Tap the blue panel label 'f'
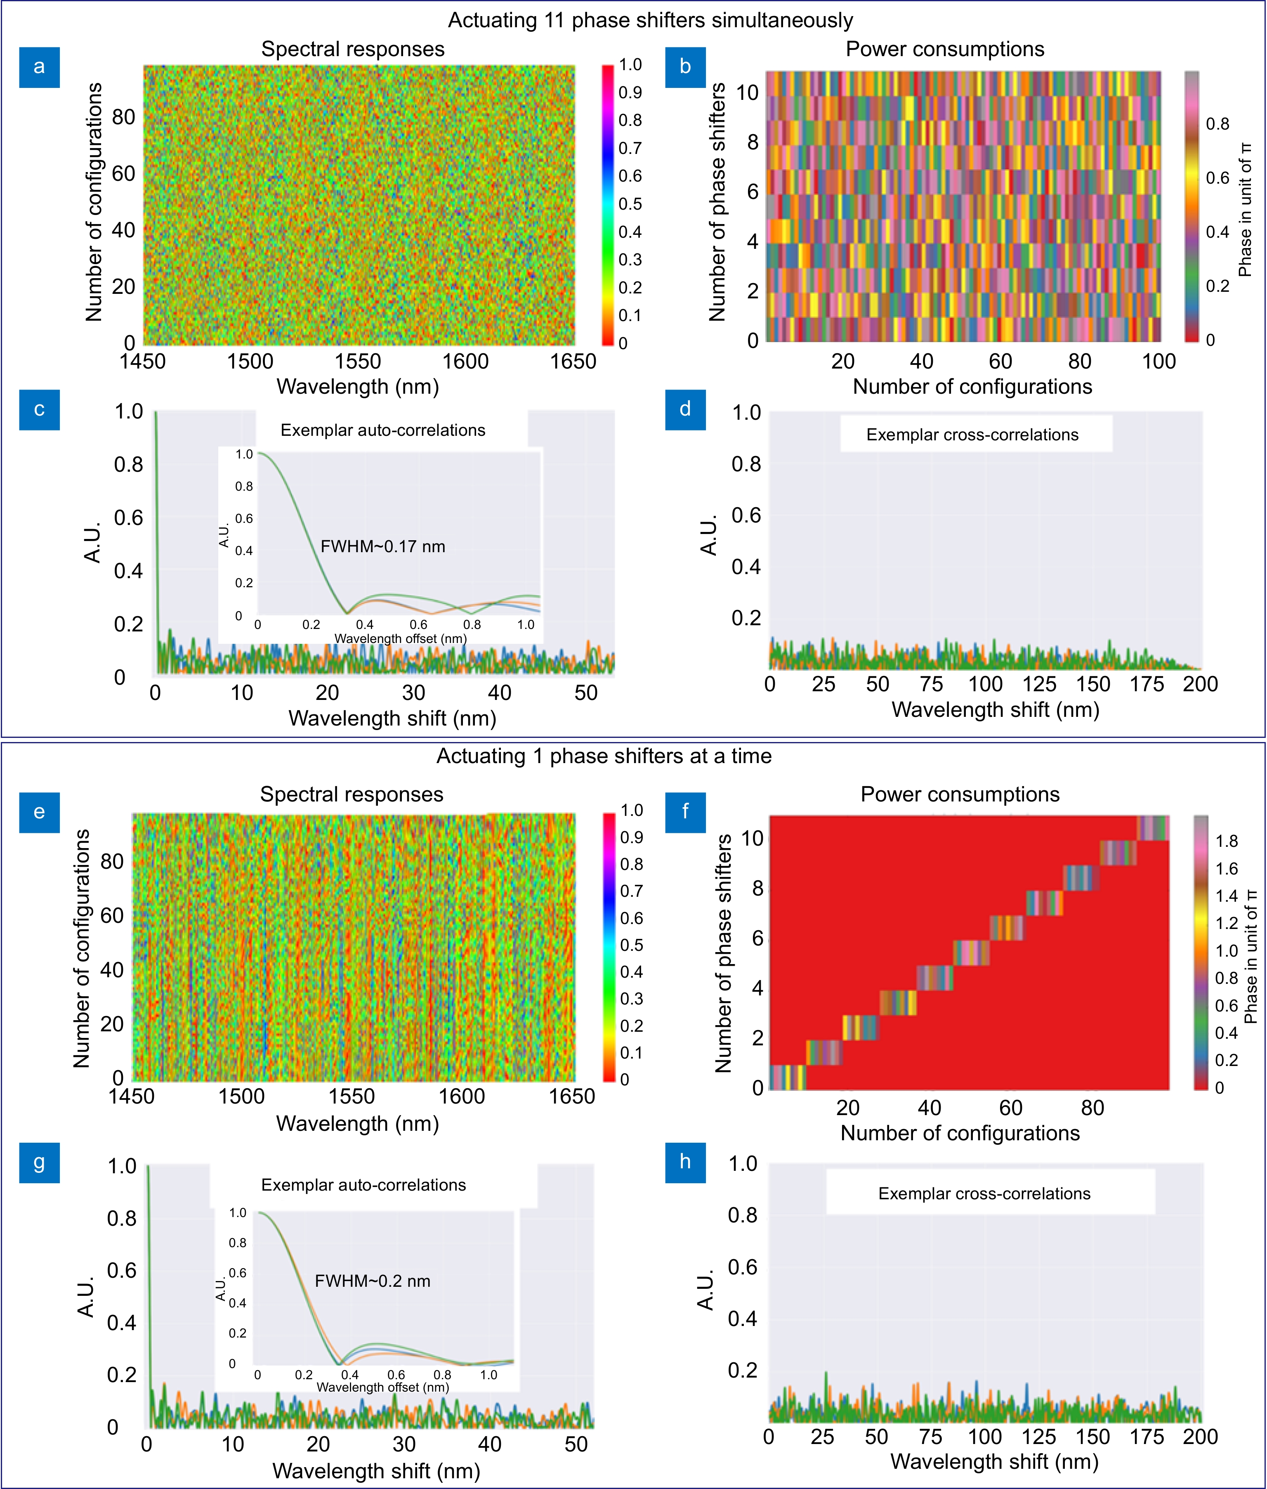(685, 812)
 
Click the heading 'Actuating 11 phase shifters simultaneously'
(650, 20)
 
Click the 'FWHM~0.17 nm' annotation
(383, 546)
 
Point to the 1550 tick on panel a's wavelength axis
(358, 361)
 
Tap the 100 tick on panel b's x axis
(1158, 361)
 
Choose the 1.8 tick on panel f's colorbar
(1227, 841)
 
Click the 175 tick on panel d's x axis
(1147, 684)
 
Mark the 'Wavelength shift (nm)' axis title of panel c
(392, 718)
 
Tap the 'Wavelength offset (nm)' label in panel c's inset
(400, 638)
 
